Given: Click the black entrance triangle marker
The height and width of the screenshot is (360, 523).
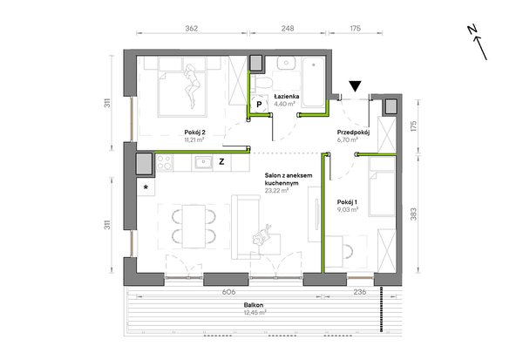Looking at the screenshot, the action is (x=356, y=86).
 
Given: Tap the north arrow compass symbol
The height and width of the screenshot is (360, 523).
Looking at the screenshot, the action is (x=478, y=43).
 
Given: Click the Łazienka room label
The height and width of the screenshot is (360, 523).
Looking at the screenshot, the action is (x=287, y=97).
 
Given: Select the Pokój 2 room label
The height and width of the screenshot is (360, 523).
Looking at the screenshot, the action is (x=194, y=132).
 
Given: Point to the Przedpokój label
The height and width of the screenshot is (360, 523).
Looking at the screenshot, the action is (x=353, y=132).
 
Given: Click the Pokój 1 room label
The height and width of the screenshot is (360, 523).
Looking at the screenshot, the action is (x=347, y=202).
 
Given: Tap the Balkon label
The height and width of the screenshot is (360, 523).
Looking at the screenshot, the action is (x=254, y=305).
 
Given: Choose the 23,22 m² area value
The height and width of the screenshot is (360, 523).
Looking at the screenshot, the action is (x=276, y=191).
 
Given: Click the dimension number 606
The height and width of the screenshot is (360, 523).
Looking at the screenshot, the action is (x=228, y=292).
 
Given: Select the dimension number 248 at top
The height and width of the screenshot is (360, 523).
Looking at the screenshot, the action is (x=288, y=29).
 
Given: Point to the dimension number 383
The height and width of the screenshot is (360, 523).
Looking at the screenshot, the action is (x=413, y=214).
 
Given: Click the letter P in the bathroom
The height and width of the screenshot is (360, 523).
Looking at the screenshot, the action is (x=259, y=105).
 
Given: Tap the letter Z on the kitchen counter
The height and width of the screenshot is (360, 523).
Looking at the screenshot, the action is (x=221, y=162).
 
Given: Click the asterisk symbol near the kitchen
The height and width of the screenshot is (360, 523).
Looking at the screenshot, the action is (x=146, y=187).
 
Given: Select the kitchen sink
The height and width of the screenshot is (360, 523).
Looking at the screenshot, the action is (x=203, y=163).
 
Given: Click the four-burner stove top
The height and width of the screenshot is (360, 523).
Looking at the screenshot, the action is (x=165, y=163).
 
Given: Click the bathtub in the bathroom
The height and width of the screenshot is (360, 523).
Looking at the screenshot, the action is (x=313, y=82).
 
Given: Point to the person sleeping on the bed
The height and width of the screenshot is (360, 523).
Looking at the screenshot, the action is (x=193, y=86).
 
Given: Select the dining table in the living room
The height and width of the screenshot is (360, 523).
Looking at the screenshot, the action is (x=194, y=227).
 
